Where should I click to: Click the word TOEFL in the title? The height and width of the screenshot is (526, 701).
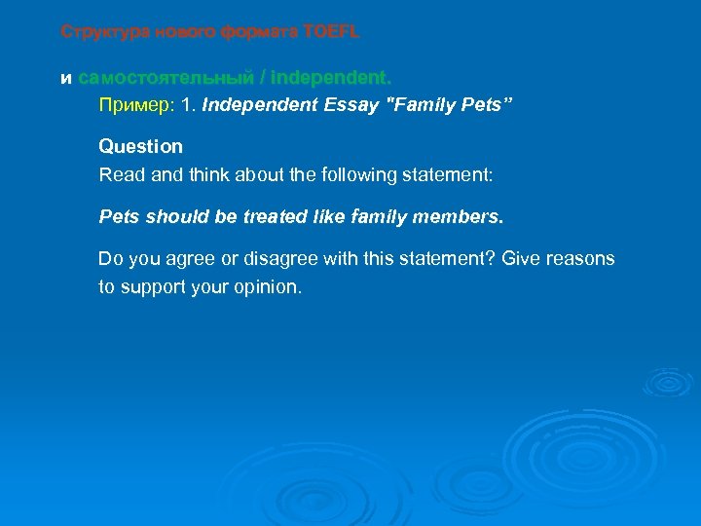(331, 31)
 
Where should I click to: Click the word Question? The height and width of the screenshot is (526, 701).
(140, 146)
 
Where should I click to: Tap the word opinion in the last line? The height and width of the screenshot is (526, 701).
(268, 287)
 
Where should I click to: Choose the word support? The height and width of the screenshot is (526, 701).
(154, 287)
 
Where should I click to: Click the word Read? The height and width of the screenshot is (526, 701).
(119, 175)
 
